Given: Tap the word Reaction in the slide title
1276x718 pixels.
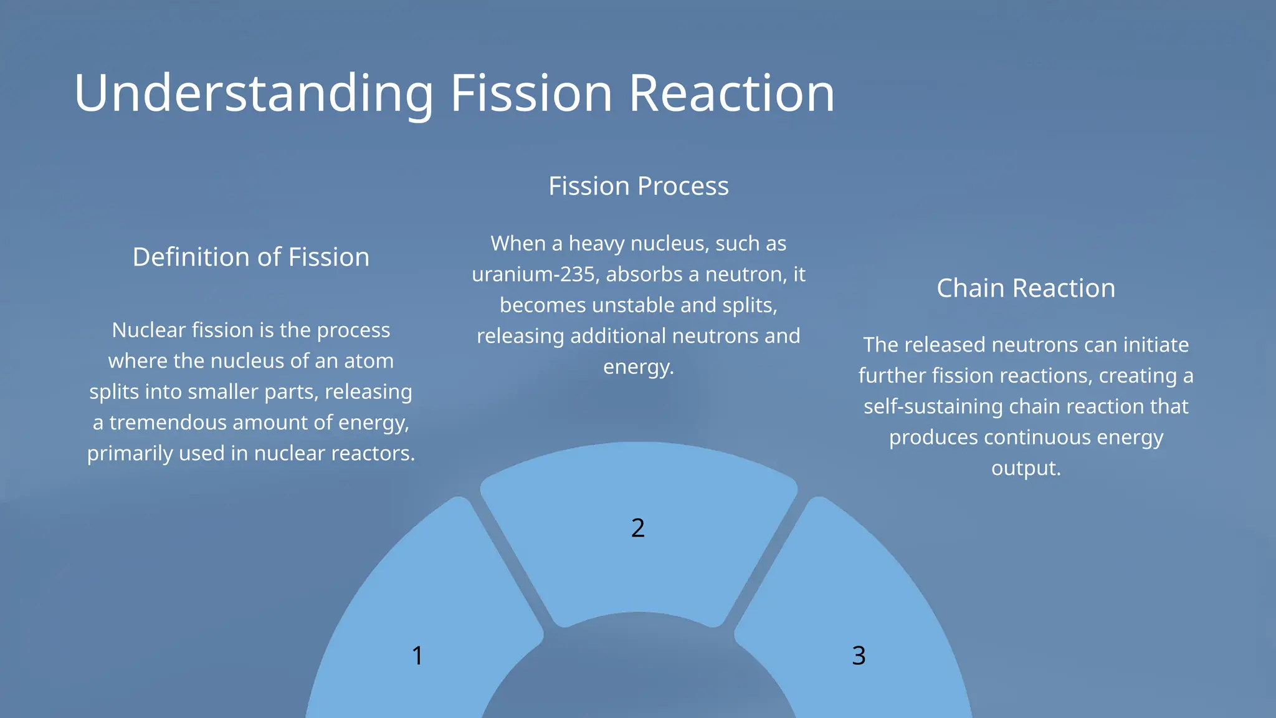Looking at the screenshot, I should click(731, 93).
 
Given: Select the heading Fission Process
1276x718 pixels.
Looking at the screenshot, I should click(638, 186).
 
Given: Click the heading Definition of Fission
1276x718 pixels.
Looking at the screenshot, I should click(250, 257).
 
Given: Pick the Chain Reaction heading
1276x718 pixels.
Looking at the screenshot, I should click(1026, 288).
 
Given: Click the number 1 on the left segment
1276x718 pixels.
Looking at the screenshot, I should click(417, 655).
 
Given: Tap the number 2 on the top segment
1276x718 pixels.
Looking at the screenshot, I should click(637, 528).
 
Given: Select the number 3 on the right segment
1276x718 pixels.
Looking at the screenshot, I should click(859, 655).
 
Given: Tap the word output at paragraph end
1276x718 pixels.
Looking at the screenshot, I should click(1024, 468).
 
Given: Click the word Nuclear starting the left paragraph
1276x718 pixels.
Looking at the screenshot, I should click(149, 330).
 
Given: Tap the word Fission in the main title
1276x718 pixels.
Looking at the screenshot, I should click(531, 93).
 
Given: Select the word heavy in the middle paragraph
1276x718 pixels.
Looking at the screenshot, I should click(598, 244).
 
